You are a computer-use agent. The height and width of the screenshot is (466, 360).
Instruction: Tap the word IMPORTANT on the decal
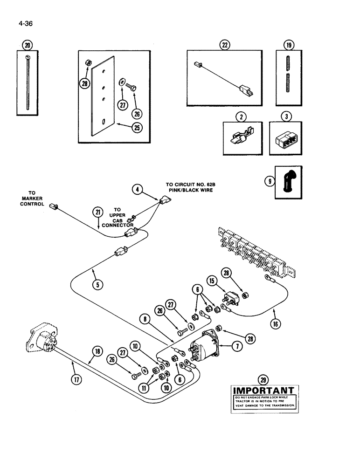coord(263,391)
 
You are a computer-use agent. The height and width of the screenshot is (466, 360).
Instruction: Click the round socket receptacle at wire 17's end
coord(42,342)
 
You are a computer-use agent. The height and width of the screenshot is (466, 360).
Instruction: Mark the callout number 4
coord(137,190)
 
